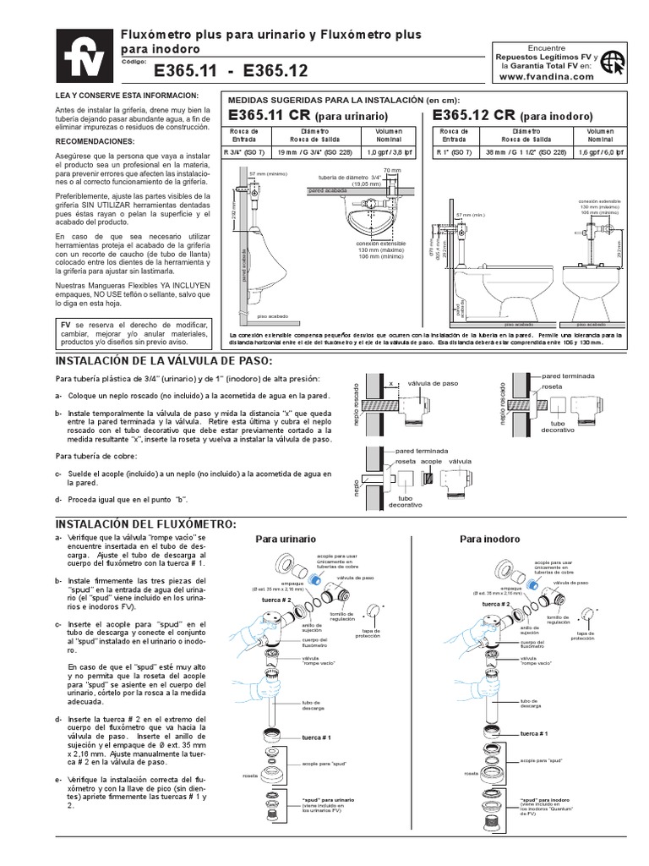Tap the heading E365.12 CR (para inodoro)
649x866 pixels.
512,115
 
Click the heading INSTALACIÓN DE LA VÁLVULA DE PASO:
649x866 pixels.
161,361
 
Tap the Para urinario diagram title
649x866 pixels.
286,539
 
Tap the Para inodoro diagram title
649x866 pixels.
489,539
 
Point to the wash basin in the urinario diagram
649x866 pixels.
371,219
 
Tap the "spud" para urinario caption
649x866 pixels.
329,799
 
